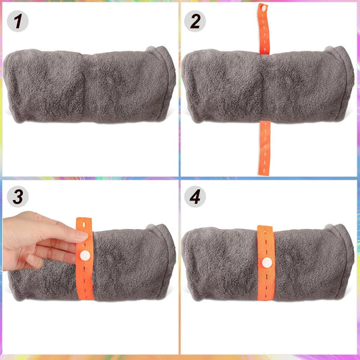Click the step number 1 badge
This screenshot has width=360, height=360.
click(18, 21)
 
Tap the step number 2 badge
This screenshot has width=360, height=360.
click(195, 21)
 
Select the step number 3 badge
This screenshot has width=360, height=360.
click(18, 197)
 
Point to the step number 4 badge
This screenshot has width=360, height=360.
click(195, 197)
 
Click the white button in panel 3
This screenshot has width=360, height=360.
click(84, 255)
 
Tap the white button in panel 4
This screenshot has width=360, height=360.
click(267, 263)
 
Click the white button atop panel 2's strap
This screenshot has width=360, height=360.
click(264, 8)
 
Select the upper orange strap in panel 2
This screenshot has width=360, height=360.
click(263, 29)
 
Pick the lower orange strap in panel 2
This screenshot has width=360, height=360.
click(265, 148)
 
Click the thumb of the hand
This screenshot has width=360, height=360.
click(34, 262)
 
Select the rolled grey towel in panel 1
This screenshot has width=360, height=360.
click(90, 85)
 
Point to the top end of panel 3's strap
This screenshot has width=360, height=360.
click(84, 218)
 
